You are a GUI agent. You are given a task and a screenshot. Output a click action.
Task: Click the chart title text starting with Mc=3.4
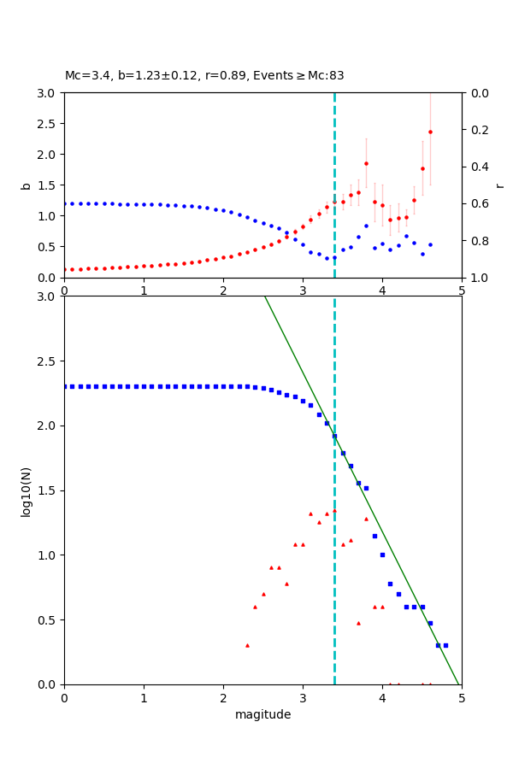[204, 76]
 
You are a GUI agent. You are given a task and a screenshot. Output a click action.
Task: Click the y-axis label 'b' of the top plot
[26, 185]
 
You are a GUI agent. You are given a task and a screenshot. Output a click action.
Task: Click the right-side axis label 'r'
[499, 185]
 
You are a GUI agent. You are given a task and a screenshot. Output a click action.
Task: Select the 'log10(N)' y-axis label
[26, 490]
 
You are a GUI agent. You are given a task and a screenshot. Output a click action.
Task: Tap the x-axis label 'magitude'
[262, 715]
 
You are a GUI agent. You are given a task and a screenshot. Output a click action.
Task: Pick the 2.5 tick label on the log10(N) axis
[47, 361]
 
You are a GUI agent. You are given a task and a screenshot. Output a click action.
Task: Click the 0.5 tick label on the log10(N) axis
[47, 620]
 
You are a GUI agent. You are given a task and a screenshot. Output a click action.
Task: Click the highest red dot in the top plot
[430, 132]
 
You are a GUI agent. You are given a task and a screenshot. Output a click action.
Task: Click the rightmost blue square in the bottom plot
[445, 645]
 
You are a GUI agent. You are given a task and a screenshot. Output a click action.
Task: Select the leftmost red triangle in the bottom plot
[247, 645]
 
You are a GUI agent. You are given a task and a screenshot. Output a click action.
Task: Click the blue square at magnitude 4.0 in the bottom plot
[382, 555]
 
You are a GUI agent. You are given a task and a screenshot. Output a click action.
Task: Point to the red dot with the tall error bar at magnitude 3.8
[366, 163]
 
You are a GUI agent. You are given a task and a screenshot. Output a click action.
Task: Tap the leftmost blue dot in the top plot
[65, 203]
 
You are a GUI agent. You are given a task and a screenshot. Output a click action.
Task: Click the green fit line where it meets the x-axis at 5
[460, 683]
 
